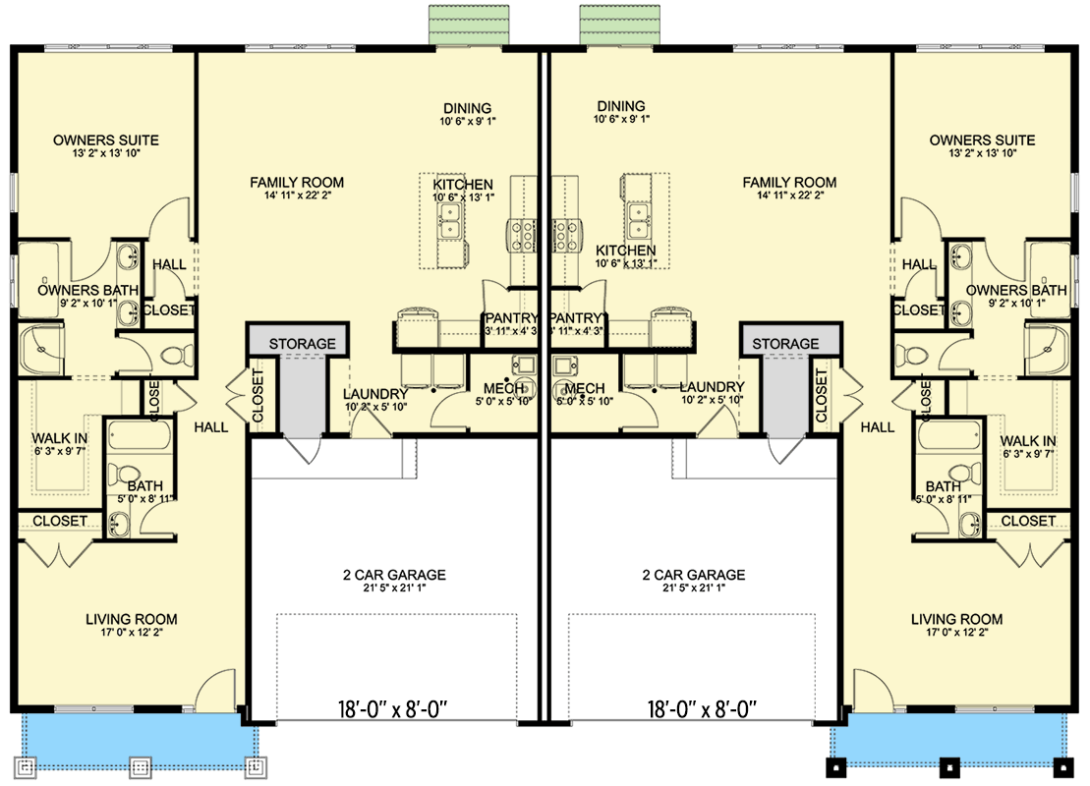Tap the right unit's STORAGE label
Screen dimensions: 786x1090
tap(786, 344)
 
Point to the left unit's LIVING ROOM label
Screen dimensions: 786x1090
tap(131, 619)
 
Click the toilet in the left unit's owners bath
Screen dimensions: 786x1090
tap(178, 354)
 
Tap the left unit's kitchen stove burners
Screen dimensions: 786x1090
tap(521, 235)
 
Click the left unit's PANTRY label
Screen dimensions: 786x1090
tap(510, 318)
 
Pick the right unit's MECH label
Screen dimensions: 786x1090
tap(585, 388)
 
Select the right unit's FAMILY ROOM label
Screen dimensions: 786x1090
tap(789, 183)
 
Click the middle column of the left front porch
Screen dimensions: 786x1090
tap(141, 764)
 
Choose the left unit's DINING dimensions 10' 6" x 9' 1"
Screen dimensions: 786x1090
tap(468, 122)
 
